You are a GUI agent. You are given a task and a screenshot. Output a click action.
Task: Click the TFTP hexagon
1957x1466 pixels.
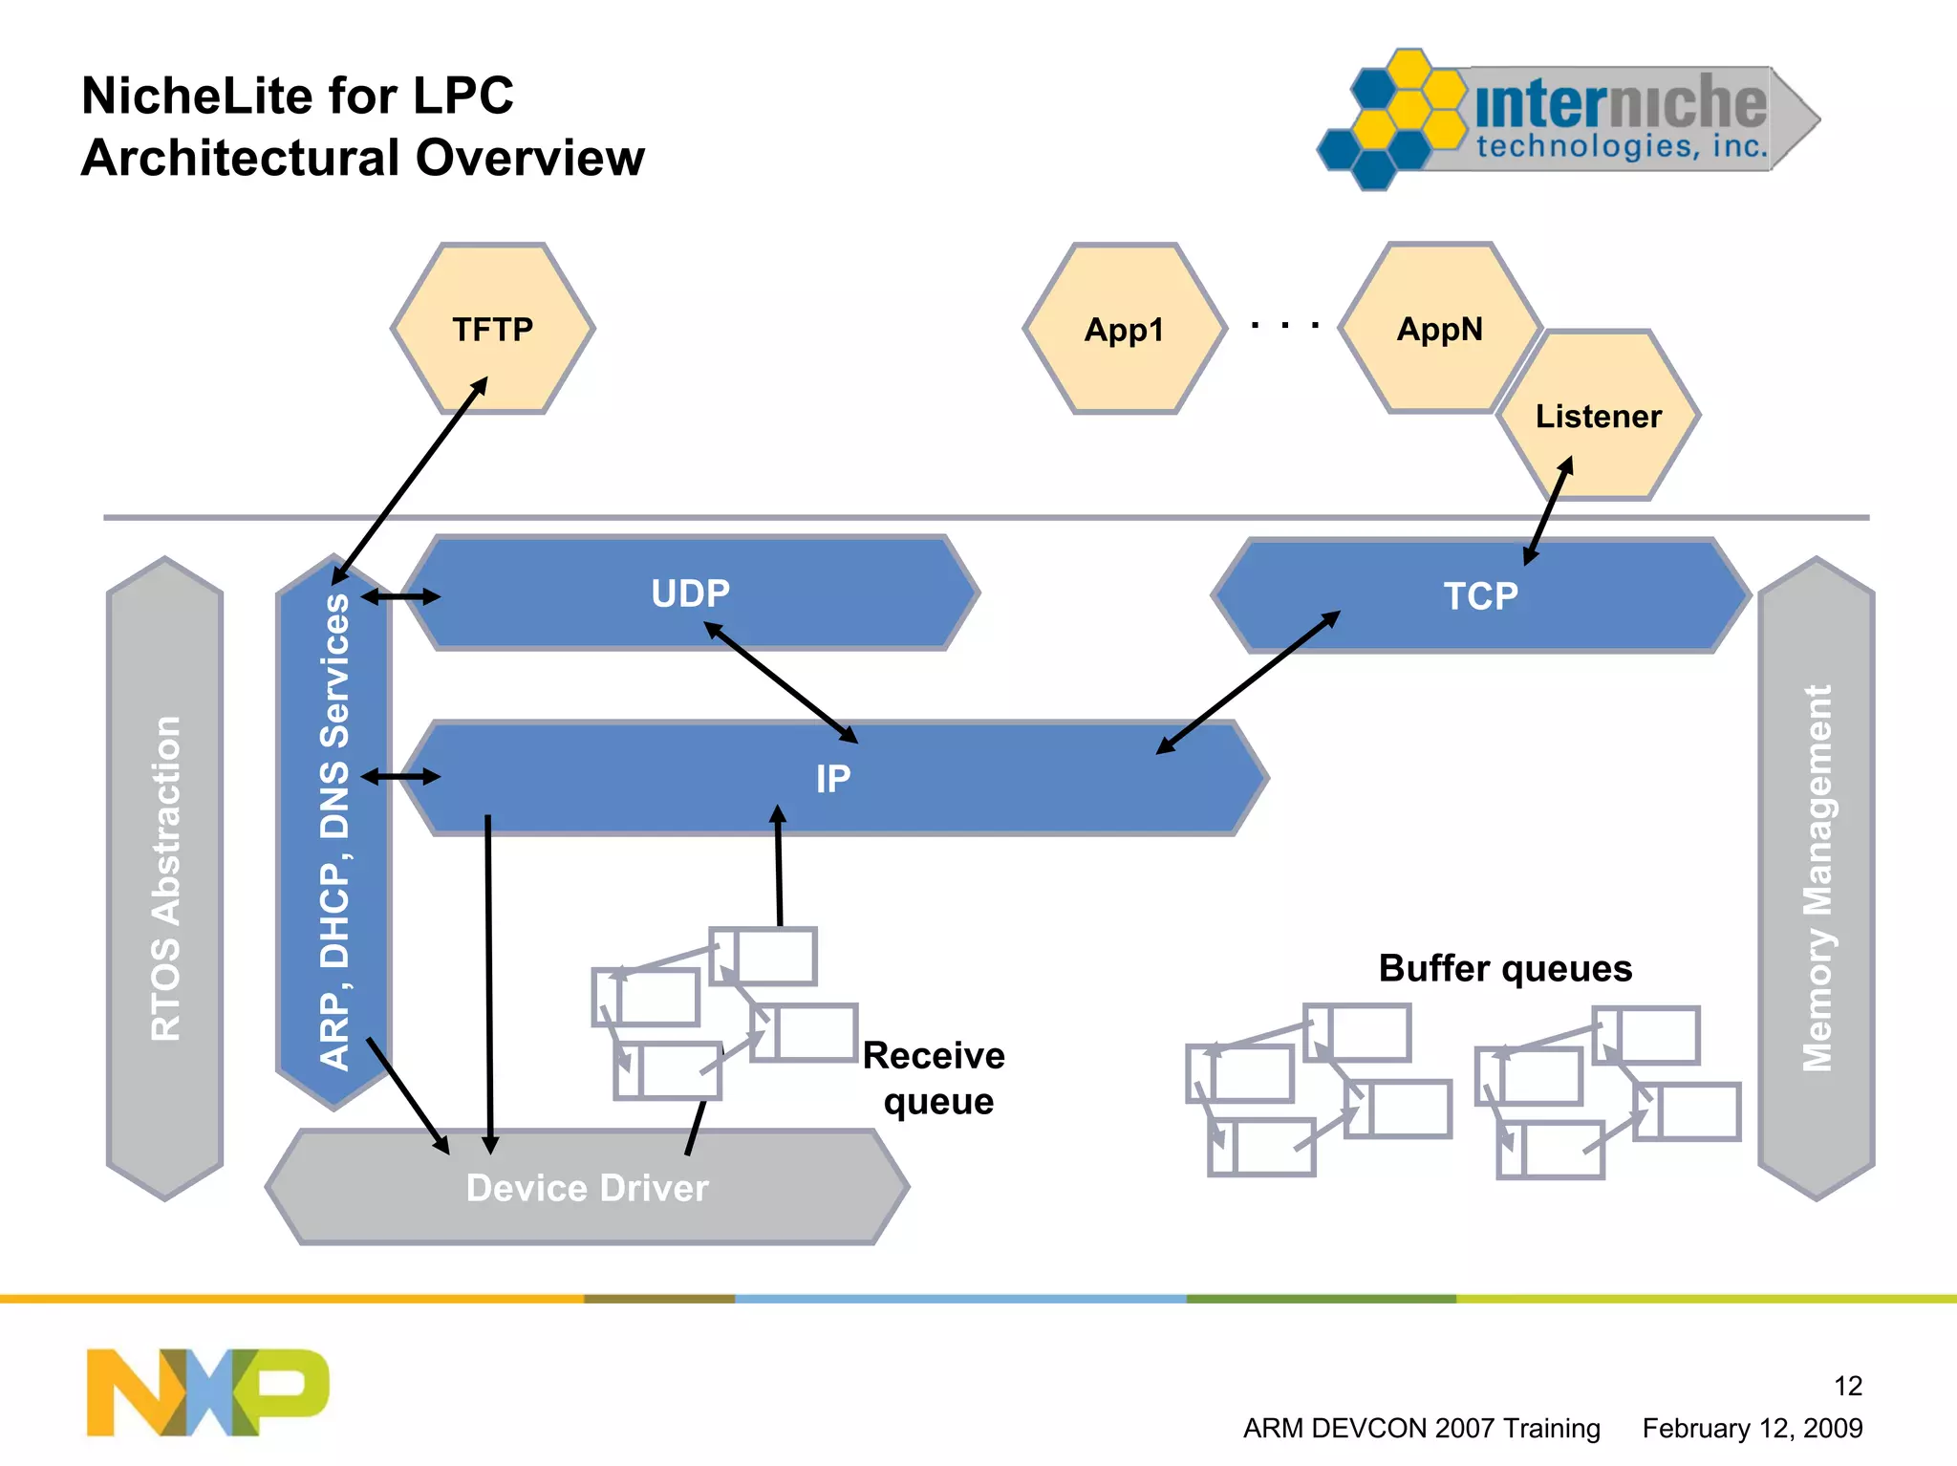(x=493, y=329)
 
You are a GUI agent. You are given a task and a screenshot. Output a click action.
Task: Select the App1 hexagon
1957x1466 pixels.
(x=1124, y=330)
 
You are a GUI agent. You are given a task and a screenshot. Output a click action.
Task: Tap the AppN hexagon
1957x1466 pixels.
(x=1439, y=329)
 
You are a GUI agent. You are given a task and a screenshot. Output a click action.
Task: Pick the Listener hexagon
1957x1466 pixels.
(x=1598, y=416)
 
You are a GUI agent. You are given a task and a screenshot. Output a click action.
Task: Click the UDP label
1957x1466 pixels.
(x=690, y=593)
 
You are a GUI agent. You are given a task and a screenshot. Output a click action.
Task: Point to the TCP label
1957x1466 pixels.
(x=1480, y=596)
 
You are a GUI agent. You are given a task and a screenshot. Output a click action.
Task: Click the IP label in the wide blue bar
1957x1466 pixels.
(x=832, y=779)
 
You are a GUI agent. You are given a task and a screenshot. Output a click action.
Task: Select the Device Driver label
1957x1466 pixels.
(x=587, y=1188)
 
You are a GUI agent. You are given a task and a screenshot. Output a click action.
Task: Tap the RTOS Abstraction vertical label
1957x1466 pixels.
(x=165, y=877)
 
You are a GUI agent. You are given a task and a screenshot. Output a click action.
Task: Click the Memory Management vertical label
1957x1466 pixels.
(x=1816, y=877)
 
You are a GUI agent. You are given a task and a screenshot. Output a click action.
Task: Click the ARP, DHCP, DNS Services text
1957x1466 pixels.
(x=334, y=831)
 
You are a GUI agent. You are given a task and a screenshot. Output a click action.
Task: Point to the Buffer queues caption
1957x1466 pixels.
(x=1504, y=968)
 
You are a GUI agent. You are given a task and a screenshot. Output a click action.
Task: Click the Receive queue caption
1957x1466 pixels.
(x=935, y=1078)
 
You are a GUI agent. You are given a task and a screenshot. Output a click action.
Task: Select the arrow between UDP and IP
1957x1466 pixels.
(x=781, y=681)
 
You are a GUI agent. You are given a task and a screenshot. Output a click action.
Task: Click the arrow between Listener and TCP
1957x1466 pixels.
(x=1548, y=510)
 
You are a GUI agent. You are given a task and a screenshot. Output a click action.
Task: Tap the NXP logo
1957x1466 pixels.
(x=207, y=1391)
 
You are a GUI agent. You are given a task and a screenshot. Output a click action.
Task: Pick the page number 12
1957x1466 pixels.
(x=1847, y=1386)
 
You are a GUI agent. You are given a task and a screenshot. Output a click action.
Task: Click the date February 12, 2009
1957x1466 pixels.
(x=1752, y=1428)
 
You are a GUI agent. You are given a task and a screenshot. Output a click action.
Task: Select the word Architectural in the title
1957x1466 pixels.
(x=239, y=158)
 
